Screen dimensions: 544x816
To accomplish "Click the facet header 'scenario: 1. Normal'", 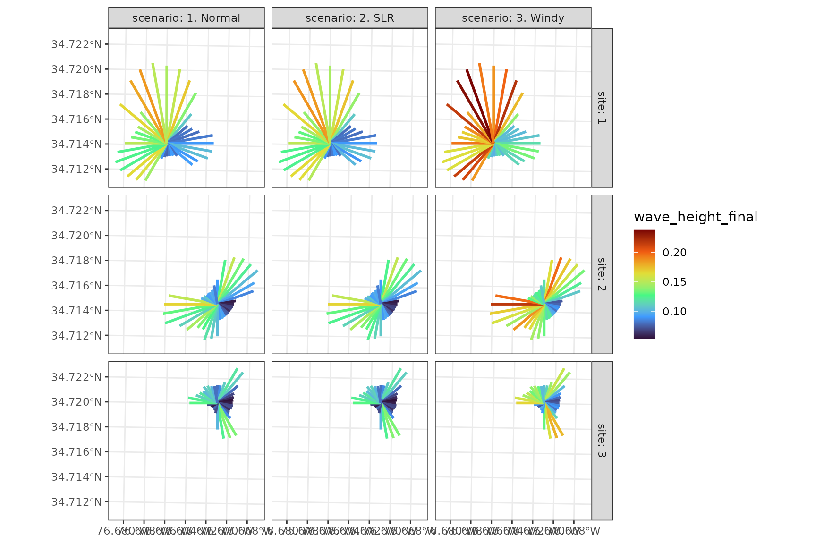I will (186, 18).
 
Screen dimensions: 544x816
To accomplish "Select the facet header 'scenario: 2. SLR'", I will (349, 18).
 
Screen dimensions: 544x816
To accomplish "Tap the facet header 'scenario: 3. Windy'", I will (513, 18).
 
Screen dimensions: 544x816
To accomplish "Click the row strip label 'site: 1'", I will (602, 108).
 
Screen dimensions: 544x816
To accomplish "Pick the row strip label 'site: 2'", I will (602, 274).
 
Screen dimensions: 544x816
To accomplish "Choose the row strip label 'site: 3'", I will (602, 440).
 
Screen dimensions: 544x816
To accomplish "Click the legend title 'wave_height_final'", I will (695, 217).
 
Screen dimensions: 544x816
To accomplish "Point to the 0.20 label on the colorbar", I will (674, 253).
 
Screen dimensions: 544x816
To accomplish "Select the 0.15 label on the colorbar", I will (674, 282).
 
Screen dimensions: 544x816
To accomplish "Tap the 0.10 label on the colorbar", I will (674, 312).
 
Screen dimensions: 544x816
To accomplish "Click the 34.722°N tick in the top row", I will (76, 44).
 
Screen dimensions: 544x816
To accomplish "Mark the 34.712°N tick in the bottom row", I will (76, 501).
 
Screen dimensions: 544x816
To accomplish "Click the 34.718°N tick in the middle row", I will (76, 261).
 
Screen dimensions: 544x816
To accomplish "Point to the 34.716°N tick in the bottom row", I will (76, 452).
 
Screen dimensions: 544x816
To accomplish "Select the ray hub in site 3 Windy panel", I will (545, 402).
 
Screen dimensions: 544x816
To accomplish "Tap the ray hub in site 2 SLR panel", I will (381, 304).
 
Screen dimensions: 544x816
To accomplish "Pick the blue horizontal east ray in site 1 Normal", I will (198, 143).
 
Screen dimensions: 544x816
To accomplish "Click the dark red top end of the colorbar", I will (644, 233).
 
